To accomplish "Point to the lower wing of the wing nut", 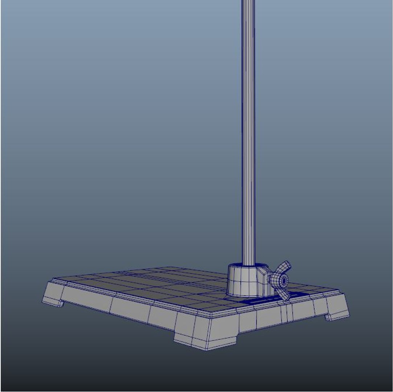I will tap(284, 294).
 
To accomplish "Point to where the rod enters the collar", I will tap(248, 264).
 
